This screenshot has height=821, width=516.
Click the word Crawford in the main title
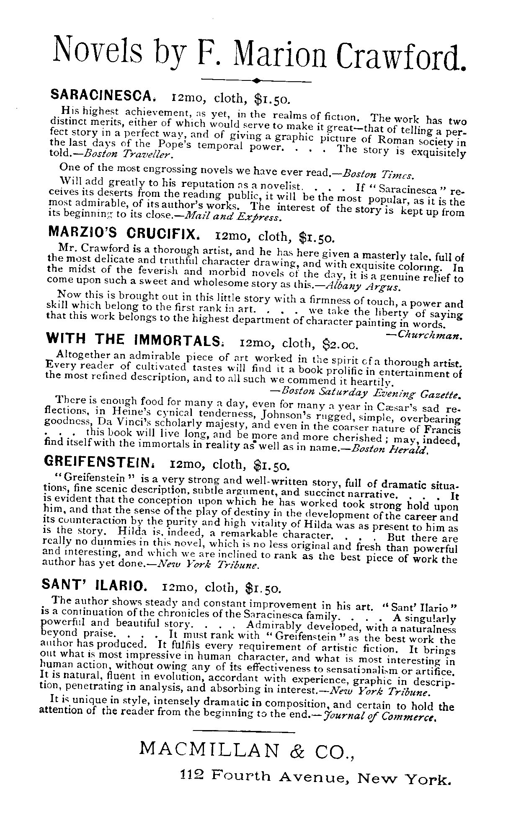401,55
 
